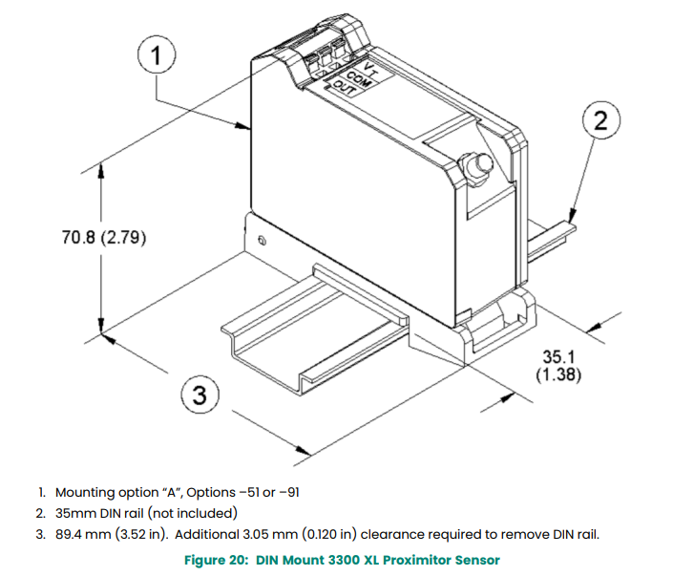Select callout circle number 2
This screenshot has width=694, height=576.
[x=600, y=121]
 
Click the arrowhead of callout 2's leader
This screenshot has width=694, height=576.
[x=572, y=221]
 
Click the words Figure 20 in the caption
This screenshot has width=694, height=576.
[x=217, y=559]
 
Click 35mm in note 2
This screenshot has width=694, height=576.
[x=74, y=513]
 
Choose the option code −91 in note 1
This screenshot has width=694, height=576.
[x=291, y=493]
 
